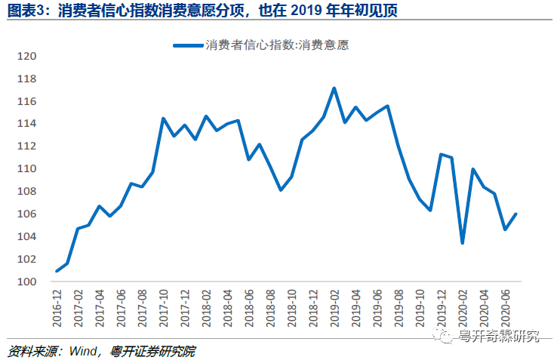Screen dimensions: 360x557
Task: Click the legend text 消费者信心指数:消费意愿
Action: tap(277, 45)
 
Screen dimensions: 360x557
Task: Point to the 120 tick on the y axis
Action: tap(26, 57)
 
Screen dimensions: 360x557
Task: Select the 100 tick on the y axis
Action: tap(26, 282)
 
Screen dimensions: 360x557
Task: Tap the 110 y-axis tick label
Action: tap(26, 169)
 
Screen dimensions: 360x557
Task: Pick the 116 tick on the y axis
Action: tap(26, 101)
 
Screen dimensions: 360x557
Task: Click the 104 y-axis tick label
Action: tap(26, 236)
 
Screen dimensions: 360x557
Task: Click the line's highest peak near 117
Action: tap(334, 88)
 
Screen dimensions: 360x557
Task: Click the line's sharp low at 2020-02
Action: tap(462, 242)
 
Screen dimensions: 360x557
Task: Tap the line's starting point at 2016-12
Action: tap(57, 270)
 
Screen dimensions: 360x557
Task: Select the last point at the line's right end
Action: tap(515, 214)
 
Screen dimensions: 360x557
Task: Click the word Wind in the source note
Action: tap(82, 351)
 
